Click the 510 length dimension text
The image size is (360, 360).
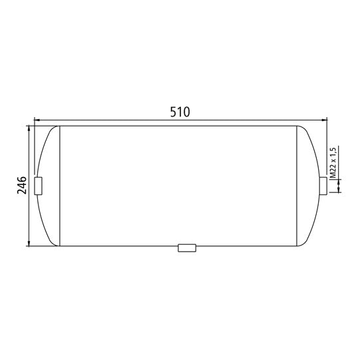180,112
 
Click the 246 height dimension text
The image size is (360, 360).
21,185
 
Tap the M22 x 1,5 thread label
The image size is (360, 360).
333,161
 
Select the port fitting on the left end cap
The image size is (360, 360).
38,186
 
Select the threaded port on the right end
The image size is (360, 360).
323,186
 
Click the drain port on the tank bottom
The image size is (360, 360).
187,248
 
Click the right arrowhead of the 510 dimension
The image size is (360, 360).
325,120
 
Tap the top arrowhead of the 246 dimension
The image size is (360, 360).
29,128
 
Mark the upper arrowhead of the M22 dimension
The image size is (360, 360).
339,174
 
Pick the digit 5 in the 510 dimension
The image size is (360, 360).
172,112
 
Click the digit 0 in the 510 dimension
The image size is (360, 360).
188,112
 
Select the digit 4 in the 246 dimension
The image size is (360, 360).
21,185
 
